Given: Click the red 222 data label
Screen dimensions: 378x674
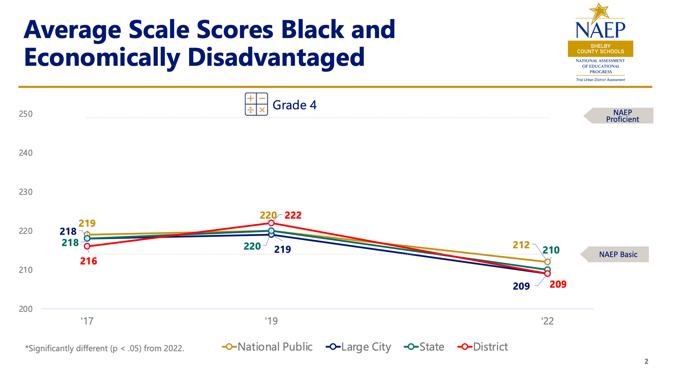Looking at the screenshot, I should click(x=293, y=215).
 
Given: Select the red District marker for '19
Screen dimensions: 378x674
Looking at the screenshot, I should click(x=271, y=223).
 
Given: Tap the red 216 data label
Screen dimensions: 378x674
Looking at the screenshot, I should click(x=89, y=261).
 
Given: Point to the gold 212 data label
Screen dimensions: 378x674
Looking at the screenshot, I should click(x=521, y=245).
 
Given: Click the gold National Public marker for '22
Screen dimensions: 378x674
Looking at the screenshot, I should click(x=547, y=262).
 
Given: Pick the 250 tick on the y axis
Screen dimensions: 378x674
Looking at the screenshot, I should click(x=26, y=114).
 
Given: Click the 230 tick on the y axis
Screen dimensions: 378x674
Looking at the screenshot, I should click(x=26, y=192).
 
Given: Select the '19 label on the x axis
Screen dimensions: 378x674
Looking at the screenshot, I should click(x=271, y=321).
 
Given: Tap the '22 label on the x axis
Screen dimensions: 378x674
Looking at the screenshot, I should click(x=547, y=321).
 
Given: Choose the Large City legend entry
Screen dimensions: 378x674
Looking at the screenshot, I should click(x=359, y=347).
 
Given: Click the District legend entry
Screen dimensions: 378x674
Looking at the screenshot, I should click(x=483, y=347).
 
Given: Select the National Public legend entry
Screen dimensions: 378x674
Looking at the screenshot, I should click(x=267, y=347).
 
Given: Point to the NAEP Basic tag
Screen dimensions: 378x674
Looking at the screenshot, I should click(x=618, y=254).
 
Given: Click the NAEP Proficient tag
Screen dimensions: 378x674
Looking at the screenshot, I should click(x=622, y=116).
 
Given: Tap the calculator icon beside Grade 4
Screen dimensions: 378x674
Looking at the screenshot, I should click(x=256, y=104).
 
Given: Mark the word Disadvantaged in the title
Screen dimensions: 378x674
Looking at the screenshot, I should click(x=276, y=57).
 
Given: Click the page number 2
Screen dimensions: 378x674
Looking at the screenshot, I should click(x=646, y=361).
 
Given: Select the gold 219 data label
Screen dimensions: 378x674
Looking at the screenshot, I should click(x=87, y=223).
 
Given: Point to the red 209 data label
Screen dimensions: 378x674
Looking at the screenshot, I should click(x=558, y=284).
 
